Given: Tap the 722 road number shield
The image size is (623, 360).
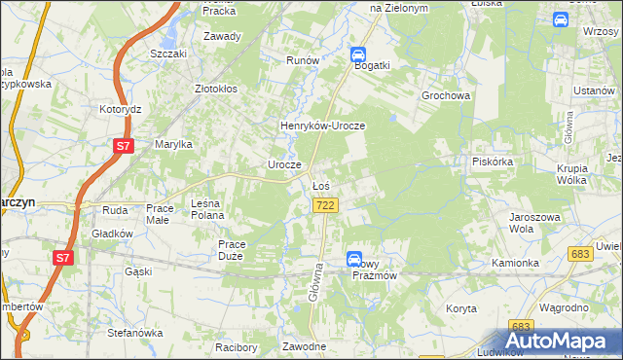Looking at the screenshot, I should (x=326, y=205).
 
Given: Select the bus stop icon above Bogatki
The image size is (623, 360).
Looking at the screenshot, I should (x=358, y=55).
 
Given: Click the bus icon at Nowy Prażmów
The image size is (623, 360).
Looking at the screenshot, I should (x=354, y=258).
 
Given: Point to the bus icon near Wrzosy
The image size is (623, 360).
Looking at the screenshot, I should (x=561, y=18).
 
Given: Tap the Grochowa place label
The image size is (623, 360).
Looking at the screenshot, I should (x=446, y=96).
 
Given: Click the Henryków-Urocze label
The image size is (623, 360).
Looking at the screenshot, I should (x=322, y=126).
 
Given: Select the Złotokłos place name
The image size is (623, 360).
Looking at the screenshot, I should (x=216, y=88).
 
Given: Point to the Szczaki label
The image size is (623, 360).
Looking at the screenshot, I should (x=168, y=54).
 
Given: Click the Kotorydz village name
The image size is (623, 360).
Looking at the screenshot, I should (x=122, y=109).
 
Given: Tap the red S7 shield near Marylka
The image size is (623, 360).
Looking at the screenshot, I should (x=123, y=146).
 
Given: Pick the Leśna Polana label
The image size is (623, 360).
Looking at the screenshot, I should (x=208, y=209).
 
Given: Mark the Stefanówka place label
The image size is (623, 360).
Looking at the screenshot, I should (x=134, y=333).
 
